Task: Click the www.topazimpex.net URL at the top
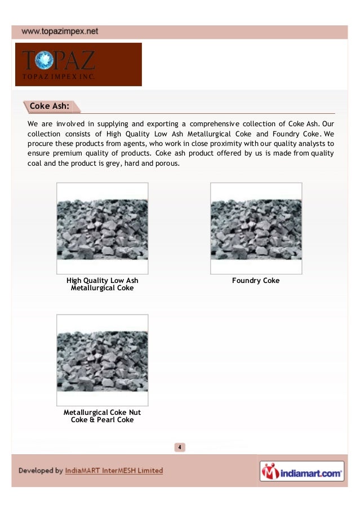(x=60, y=32)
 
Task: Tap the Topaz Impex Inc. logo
(x=78, y=65)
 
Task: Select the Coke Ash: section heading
(x=49, y=105)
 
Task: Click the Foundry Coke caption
(x=256, y=281)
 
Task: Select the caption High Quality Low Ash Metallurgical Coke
(x=102, y=285)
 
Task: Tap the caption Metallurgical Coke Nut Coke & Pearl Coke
(x=102, y=417)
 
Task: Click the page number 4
(x=179, y=448)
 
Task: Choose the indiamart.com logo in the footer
(x=301, y=471)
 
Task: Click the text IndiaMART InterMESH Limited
(x=114, y=471)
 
